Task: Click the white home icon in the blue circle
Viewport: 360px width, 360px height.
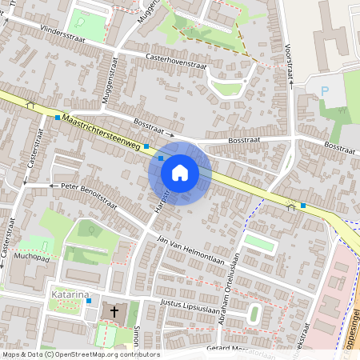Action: coord(180,173)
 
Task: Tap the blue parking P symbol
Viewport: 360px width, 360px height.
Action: coord(325,92)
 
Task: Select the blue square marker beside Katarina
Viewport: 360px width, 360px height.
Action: coord(89,302)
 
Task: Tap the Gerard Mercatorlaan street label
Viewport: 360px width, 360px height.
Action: coord(240,350)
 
